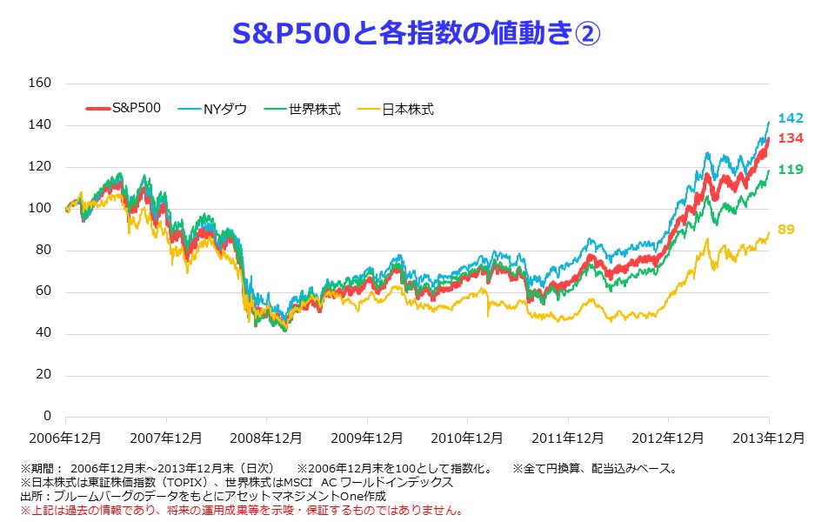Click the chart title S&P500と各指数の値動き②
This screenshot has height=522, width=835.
point(417,35)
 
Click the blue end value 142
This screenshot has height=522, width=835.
point(790,118)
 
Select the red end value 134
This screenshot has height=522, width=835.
point(790,138)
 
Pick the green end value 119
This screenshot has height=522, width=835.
point(790,170)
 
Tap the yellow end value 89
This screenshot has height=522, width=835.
point(786,230)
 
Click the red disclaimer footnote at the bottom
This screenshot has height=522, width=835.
point(242,510)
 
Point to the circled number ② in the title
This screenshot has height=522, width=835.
point(586,35)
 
